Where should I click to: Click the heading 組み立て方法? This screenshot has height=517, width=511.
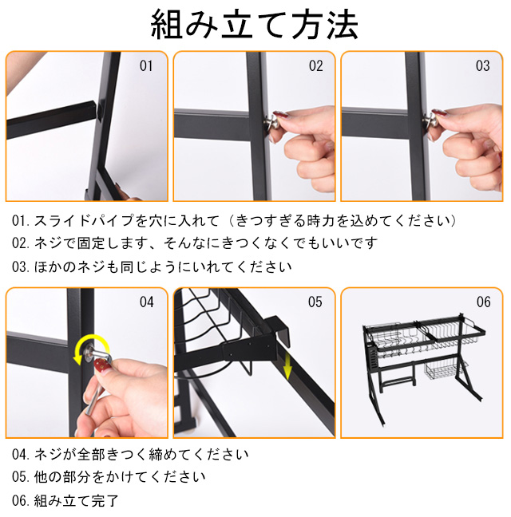coord(254,24)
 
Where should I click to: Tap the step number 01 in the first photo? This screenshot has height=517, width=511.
coord(146,66)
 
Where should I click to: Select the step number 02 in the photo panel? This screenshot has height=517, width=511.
coord(315,66)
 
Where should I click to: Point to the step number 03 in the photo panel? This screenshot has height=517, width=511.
coord(482,66)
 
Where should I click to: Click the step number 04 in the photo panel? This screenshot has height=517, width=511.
coord(146,302)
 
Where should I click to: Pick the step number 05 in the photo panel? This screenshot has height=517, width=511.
coord(315,302)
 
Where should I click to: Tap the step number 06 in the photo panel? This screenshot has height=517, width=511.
coord(483,302)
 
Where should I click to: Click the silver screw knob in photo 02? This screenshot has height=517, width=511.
coord(272,121)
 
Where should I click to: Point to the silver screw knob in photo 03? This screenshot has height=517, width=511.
coord(431,121)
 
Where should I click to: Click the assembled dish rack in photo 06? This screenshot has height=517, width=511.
coord(423,367)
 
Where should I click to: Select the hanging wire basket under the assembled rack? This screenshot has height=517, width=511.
coord(441,371)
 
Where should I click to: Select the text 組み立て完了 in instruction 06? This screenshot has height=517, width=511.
coord(76,500)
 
